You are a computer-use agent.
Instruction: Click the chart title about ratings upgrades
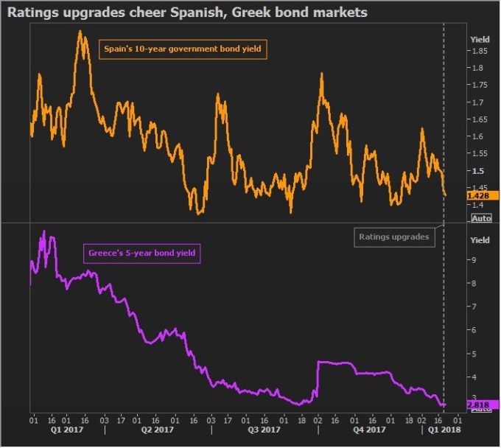tap(188, 13)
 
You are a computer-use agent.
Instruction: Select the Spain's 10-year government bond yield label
tap(181, 49)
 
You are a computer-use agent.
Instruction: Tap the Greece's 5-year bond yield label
tap(140, 253)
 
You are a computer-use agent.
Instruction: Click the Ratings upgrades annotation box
tap(393, 237)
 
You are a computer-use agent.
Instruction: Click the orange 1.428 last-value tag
tap(479, 196)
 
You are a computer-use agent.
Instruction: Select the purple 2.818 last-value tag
tap(479, 404)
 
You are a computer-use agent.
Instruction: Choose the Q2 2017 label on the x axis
tap(158, 429)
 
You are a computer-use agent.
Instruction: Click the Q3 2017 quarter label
tap(263, 429)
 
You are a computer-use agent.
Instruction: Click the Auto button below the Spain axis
tap(481, 218)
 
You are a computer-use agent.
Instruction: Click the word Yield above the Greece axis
tap(480, 240)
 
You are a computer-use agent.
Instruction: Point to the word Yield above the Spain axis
tap(480, 38)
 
